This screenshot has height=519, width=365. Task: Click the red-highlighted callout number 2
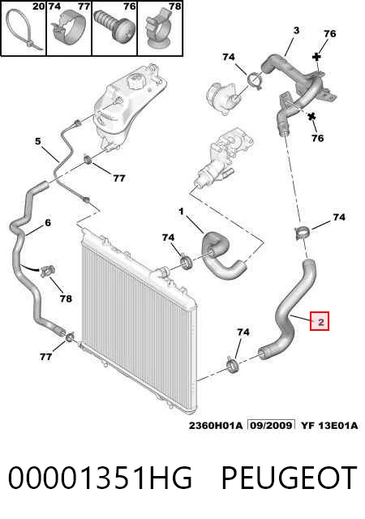point(320,322)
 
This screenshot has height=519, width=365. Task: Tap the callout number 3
point(296,31)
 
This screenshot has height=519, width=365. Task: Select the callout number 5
point(38,141)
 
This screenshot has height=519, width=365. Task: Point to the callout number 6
point(48,222)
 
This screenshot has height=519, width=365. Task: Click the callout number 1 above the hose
point(181,211)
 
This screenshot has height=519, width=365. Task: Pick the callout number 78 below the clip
point(66,298)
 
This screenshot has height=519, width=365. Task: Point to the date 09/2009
point(272,425)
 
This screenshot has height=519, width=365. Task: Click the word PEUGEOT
point(289,478)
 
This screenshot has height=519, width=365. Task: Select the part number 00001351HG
point(100,478)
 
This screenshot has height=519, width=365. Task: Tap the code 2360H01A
point(216,425)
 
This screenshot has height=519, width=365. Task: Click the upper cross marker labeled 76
point(317,57)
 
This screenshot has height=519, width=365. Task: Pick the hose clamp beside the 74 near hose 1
point(187,261)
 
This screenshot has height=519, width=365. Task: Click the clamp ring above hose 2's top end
point(301,233)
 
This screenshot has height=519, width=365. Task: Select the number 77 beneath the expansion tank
point(119,178)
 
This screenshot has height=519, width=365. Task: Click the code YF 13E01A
point(328,425)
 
